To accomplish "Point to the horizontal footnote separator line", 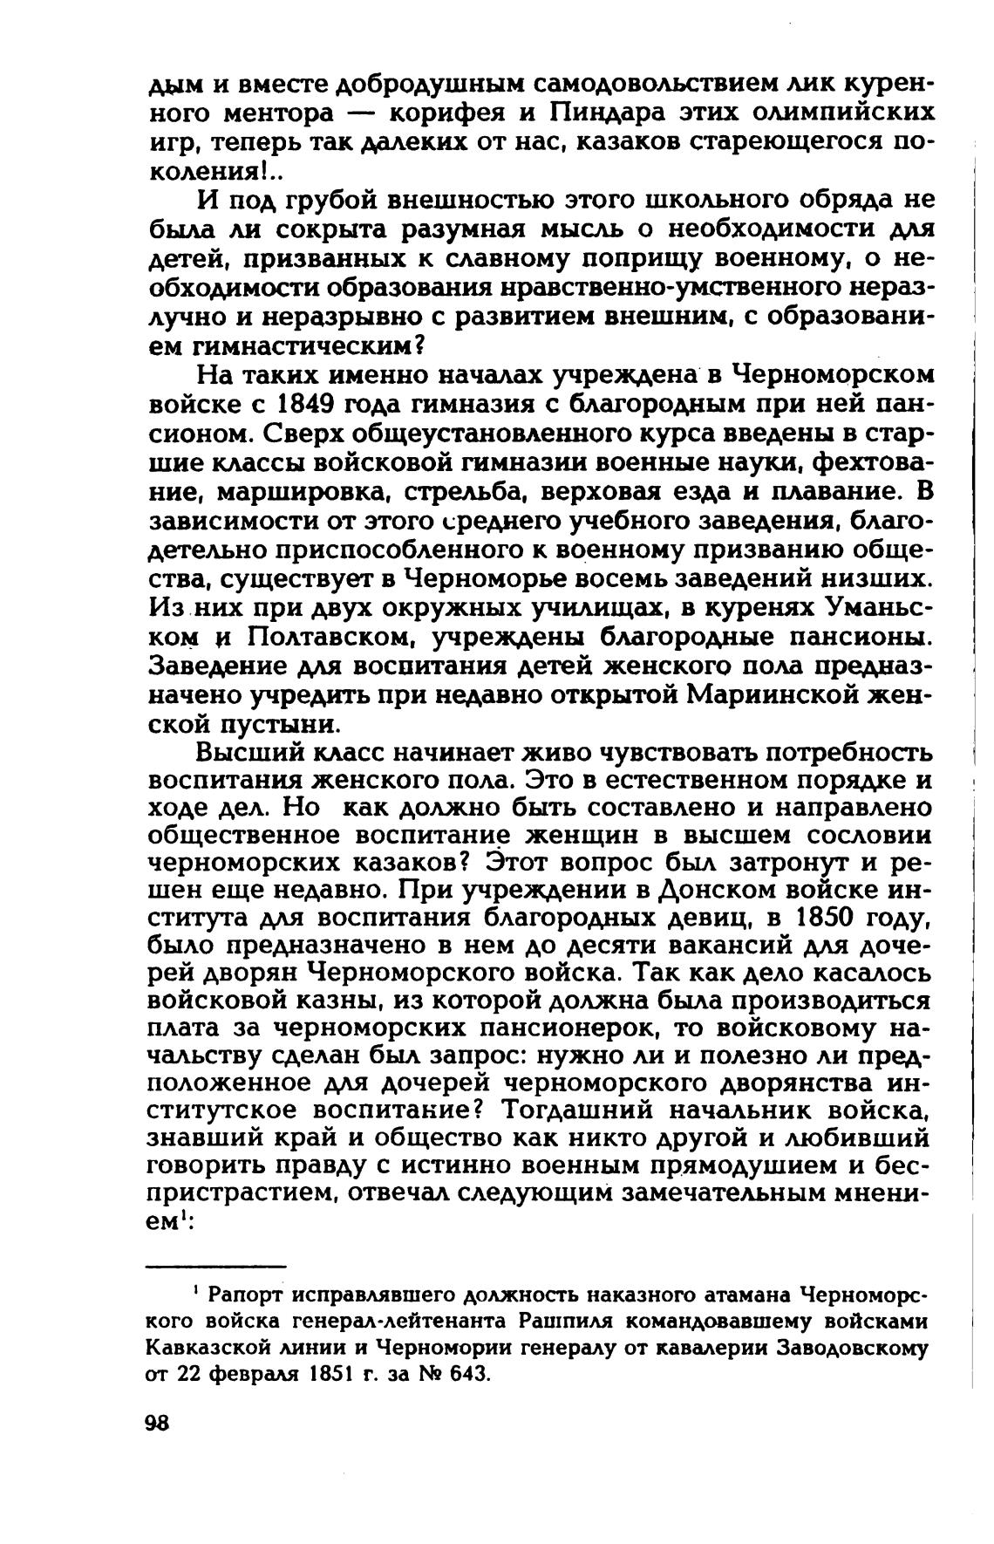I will pyautogui.click(x=216, y=1266).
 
